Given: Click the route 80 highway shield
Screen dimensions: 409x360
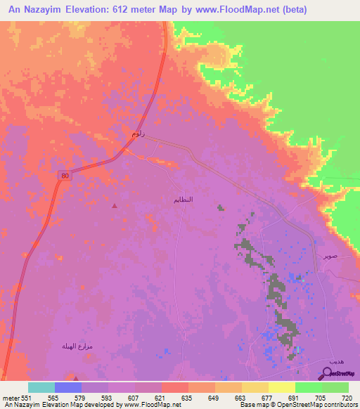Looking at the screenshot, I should (x=65, y=176).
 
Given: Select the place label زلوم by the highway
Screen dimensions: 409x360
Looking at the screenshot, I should (x=139, y=134).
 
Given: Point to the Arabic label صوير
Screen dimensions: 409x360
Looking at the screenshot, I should (x=330, y=257).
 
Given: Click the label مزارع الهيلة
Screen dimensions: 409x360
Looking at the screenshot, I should (x=77, y=347).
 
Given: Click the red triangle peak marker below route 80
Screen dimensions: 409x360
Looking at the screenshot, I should (x=115, y=206).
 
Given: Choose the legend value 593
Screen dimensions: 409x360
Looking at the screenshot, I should (x=108, y=397).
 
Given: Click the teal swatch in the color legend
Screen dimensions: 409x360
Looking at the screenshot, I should (x=41, y=387).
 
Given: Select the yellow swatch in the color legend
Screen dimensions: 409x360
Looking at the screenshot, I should (x=282, y=387).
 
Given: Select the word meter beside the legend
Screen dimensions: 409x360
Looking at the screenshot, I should (x=11, y=397).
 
